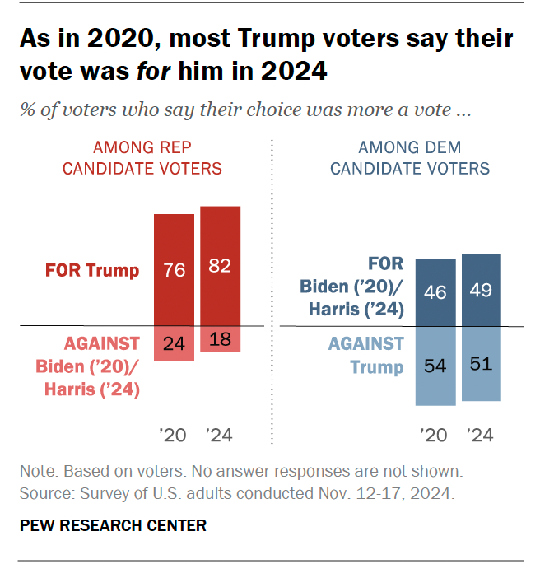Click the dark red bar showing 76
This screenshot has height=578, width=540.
click(x=175, y=270)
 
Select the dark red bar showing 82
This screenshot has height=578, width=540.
click(x=221, y=266)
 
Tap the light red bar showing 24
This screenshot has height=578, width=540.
click(x=175, y=343)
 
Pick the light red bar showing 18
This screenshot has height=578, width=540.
click(x=221, y=339)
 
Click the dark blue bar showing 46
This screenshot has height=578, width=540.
click(x=435, y=292)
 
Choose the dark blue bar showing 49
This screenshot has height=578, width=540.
click(x=482, y=290)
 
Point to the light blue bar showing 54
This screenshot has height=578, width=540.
click(x=435, y=366)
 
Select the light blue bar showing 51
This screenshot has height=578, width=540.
click(x=482, y=363)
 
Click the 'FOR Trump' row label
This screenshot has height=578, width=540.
click(x=92, y=270)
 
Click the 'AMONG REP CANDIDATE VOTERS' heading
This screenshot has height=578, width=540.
click(x=154, y=158)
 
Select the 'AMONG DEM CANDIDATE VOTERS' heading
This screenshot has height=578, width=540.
click(x=409, y=158)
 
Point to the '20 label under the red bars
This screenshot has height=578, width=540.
click(x=175, y=435)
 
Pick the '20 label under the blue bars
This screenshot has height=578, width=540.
click(x=435, y=435)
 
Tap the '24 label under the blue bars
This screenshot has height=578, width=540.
click(x=482, y=435)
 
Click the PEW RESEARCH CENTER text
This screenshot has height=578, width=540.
click(x=112, y=524)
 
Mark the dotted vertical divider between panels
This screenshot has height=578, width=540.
click(x=272, y=288)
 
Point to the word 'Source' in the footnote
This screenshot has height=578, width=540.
click(x=44, y=494)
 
